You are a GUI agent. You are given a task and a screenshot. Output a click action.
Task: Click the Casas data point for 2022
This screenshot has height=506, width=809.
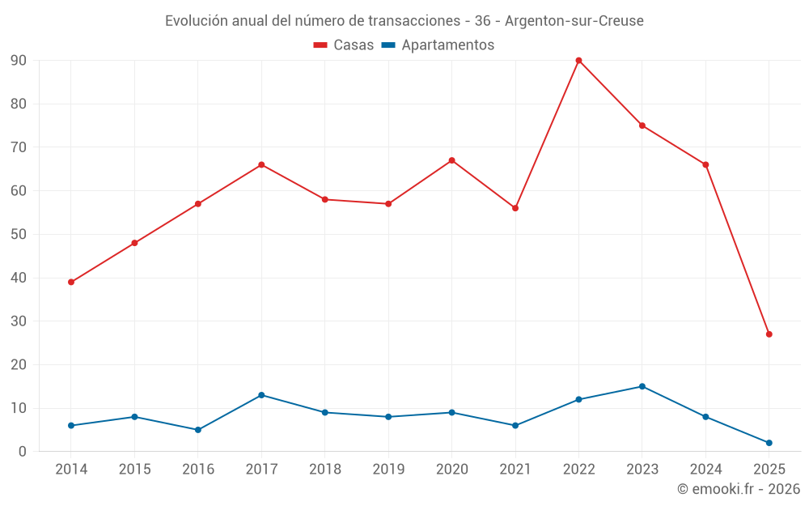click(x=578, y=60)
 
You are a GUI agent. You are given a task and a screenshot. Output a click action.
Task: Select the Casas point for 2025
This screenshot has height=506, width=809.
click(x=769, y=334)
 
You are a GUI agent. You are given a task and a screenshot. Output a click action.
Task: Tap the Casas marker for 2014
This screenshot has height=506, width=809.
click(x=71, y=282)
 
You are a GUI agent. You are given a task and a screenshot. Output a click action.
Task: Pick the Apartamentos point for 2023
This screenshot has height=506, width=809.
click(x=642, y=386)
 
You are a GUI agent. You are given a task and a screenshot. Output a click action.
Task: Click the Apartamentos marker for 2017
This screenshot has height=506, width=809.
click(x=261, y=395)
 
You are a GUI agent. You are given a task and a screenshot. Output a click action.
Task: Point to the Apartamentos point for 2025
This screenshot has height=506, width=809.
click(x=769, y=443)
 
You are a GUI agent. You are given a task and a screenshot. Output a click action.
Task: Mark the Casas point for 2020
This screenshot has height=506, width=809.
click(x=451, y=160)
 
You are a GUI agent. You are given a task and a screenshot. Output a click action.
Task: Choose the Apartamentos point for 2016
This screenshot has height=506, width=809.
click(x=198, y=430)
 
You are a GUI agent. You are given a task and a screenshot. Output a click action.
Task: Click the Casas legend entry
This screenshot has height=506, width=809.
click(x=344, y=45)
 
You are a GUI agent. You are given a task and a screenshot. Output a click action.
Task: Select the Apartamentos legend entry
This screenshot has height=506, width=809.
click(x=438, y=45)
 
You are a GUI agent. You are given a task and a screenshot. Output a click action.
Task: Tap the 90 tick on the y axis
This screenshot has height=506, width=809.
click(x=19, y=61)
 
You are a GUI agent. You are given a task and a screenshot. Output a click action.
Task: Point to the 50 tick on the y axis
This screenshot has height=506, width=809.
click(x=19, y=235)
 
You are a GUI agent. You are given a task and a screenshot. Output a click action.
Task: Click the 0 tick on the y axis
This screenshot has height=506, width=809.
click(x=23, y=452)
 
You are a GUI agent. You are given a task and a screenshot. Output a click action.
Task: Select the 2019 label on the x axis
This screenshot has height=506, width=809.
click(x=388, y=470)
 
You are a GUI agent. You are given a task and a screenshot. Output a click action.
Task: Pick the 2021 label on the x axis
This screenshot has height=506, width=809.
click(x=515, y=470)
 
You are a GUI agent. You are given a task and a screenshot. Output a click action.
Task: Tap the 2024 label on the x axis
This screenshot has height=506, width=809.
click(x=705, y=470)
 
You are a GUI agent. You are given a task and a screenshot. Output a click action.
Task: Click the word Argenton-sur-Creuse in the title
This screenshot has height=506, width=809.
click(x=574, y=20)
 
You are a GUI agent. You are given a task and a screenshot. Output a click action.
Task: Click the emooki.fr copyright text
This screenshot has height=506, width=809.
click(x=739, y=489)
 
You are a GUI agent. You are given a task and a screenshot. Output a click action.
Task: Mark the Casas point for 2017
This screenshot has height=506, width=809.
click(x=261, y=164)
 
